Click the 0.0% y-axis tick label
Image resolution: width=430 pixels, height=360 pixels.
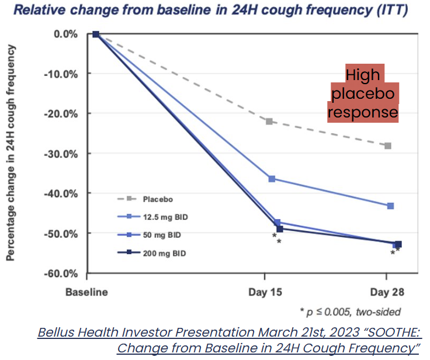coord(65,34)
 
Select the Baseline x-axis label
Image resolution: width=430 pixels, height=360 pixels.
coord(86,292)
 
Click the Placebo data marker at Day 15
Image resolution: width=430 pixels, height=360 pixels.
coord(269,122)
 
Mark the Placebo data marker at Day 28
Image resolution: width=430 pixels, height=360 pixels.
coord(388,146)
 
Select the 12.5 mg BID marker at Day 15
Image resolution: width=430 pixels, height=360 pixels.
coord(272,178)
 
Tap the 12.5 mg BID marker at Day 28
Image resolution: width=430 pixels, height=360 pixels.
coord(390,206)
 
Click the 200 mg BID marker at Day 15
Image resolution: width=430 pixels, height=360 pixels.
coord(279,229)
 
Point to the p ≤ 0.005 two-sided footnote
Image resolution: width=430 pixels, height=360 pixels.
coord(350,311)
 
